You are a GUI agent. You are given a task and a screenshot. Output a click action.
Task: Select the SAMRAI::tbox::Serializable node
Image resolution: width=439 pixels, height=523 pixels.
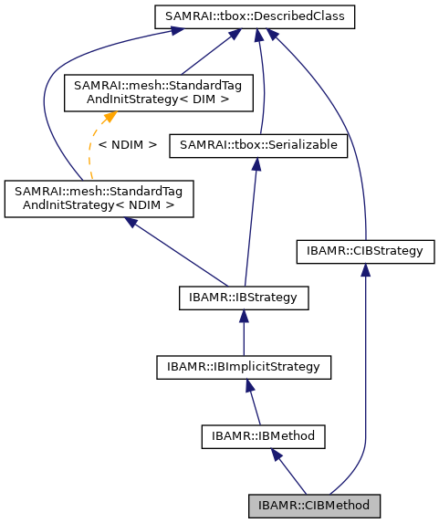pos(258,144)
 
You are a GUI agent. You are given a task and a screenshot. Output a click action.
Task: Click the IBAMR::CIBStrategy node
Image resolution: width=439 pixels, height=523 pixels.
pos(365,249)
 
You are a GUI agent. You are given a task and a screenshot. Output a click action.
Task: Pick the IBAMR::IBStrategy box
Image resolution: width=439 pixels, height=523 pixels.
pos(244,298)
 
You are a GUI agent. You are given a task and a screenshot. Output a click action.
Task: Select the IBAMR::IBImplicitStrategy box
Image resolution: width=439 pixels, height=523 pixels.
pos(243,367)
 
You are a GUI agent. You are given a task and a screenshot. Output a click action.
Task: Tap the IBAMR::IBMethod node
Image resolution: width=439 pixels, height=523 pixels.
pos(258,436)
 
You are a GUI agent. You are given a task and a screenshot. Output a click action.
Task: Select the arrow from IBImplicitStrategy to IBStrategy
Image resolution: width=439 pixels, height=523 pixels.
pos(244,332)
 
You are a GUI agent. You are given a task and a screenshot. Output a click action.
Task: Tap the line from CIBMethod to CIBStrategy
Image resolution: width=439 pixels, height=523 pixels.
pos(365,383)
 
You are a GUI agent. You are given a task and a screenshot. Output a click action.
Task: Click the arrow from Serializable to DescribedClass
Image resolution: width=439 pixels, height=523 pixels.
pos(261,82)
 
